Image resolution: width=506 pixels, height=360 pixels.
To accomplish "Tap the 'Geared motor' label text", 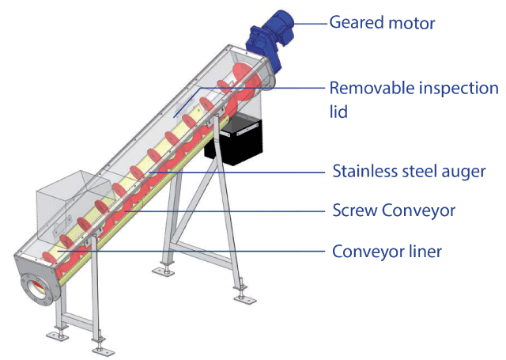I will point(382,23).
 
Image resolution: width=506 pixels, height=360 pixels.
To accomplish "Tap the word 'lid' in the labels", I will point(338,112).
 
